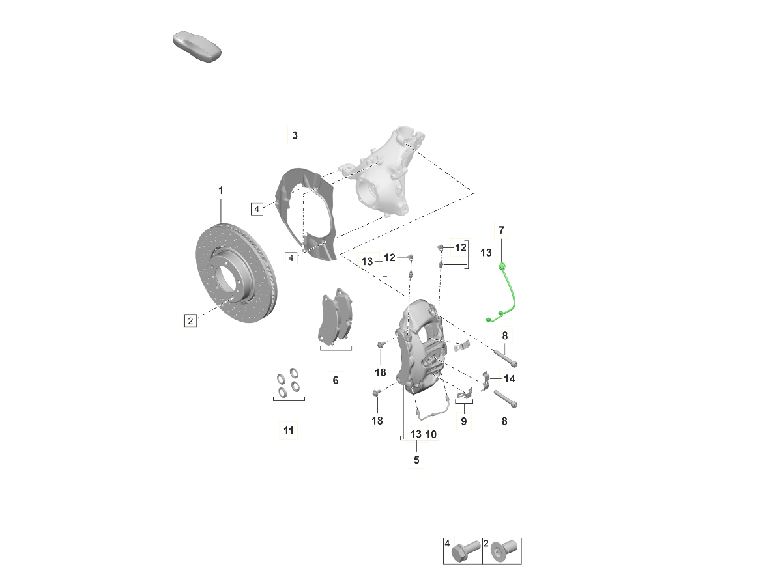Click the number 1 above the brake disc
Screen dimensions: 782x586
pos(220,191)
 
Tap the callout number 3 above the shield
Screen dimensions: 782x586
pos(295,135)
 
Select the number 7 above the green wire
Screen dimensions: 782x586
pos(502,230)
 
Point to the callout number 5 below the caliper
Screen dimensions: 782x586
pos(416,460)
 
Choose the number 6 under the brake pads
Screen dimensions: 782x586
pos(336,380)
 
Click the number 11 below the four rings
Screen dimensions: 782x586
pos(289,430)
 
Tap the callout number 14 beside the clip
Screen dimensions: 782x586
pos(510,379)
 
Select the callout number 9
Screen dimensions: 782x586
pos(463,422)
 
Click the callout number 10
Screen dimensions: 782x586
pos(431,434)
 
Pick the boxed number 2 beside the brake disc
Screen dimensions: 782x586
pos(190,321)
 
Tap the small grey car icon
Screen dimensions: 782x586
pos(197,47)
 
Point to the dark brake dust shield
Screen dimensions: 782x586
pos(306,214)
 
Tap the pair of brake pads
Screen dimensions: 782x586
pos(335,315)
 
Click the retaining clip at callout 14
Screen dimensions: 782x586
pos(485,382)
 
